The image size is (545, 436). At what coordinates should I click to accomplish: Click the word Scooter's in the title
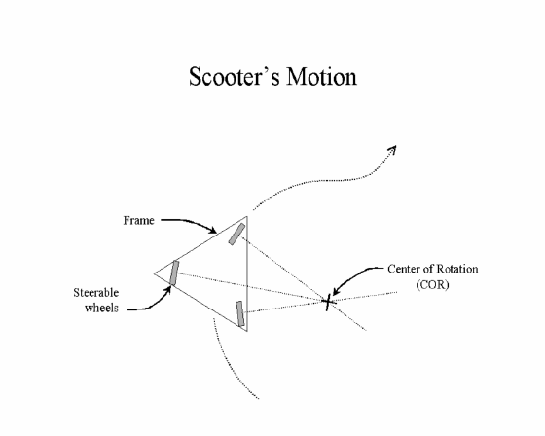235,76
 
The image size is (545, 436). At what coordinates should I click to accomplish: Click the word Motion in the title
322,76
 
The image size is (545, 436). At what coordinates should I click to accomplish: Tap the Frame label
138,221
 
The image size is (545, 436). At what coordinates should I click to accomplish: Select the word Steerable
96,293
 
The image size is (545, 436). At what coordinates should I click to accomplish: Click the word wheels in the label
101,308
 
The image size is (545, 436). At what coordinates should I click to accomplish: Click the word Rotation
457,269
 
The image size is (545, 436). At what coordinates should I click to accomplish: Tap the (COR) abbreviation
432,284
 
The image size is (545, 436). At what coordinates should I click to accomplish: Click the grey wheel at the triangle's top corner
236,234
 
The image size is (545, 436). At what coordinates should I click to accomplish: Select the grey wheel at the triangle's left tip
174,272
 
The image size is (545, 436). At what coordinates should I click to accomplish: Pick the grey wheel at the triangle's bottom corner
240,313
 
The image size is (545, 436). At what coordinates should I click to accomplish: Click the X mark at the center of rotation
328,302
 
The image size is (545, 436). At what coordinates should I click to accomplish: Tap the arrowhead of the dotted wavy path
393,149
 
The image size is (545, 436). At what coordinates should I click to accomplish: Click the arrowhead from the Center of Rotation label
335,291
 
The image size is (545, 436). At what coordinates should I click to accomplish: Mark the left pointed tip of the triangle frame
155,273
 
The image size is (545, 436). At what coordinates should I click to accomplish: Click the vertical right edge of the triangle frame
247,273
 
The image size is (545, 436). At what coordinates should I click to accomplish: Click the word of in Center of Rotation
428,269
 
